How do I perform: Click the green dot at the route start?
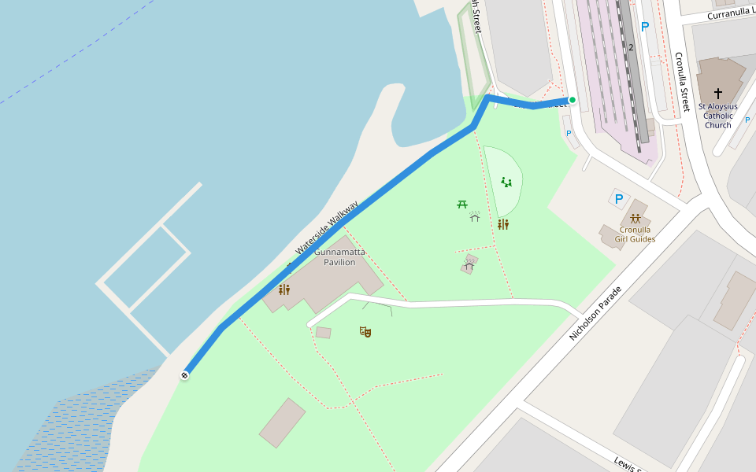click(x=573, y=100)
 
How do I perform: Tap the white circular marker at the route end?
click(x=184, y=375)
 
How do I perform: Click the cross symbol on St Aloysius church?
click(x=717, y=93)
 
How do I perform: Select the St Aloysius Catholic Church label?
click(x=717, y=116)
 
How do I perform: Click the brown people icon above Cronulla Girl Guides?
click(x=635, y=219)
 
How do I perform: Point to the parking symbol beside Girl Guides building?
click(x=618, y=199)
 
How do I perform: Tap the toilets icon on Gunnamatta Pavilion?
click(x=283, y=289)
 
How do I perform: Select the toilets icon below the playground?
click(x=502, y=224)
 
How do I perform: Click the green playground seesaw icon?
click(x=506, y=183)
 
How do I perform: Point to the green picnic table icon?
click(x=462, y=205)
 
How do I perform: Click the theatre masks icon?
click(x=365, y=332)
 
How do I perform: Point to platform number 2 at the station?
click(x=631, y=47)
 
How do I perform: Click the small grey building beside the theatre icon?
click(x=323, y=333)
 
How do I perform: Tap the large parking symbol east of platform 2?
click(x=645, y=27)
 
